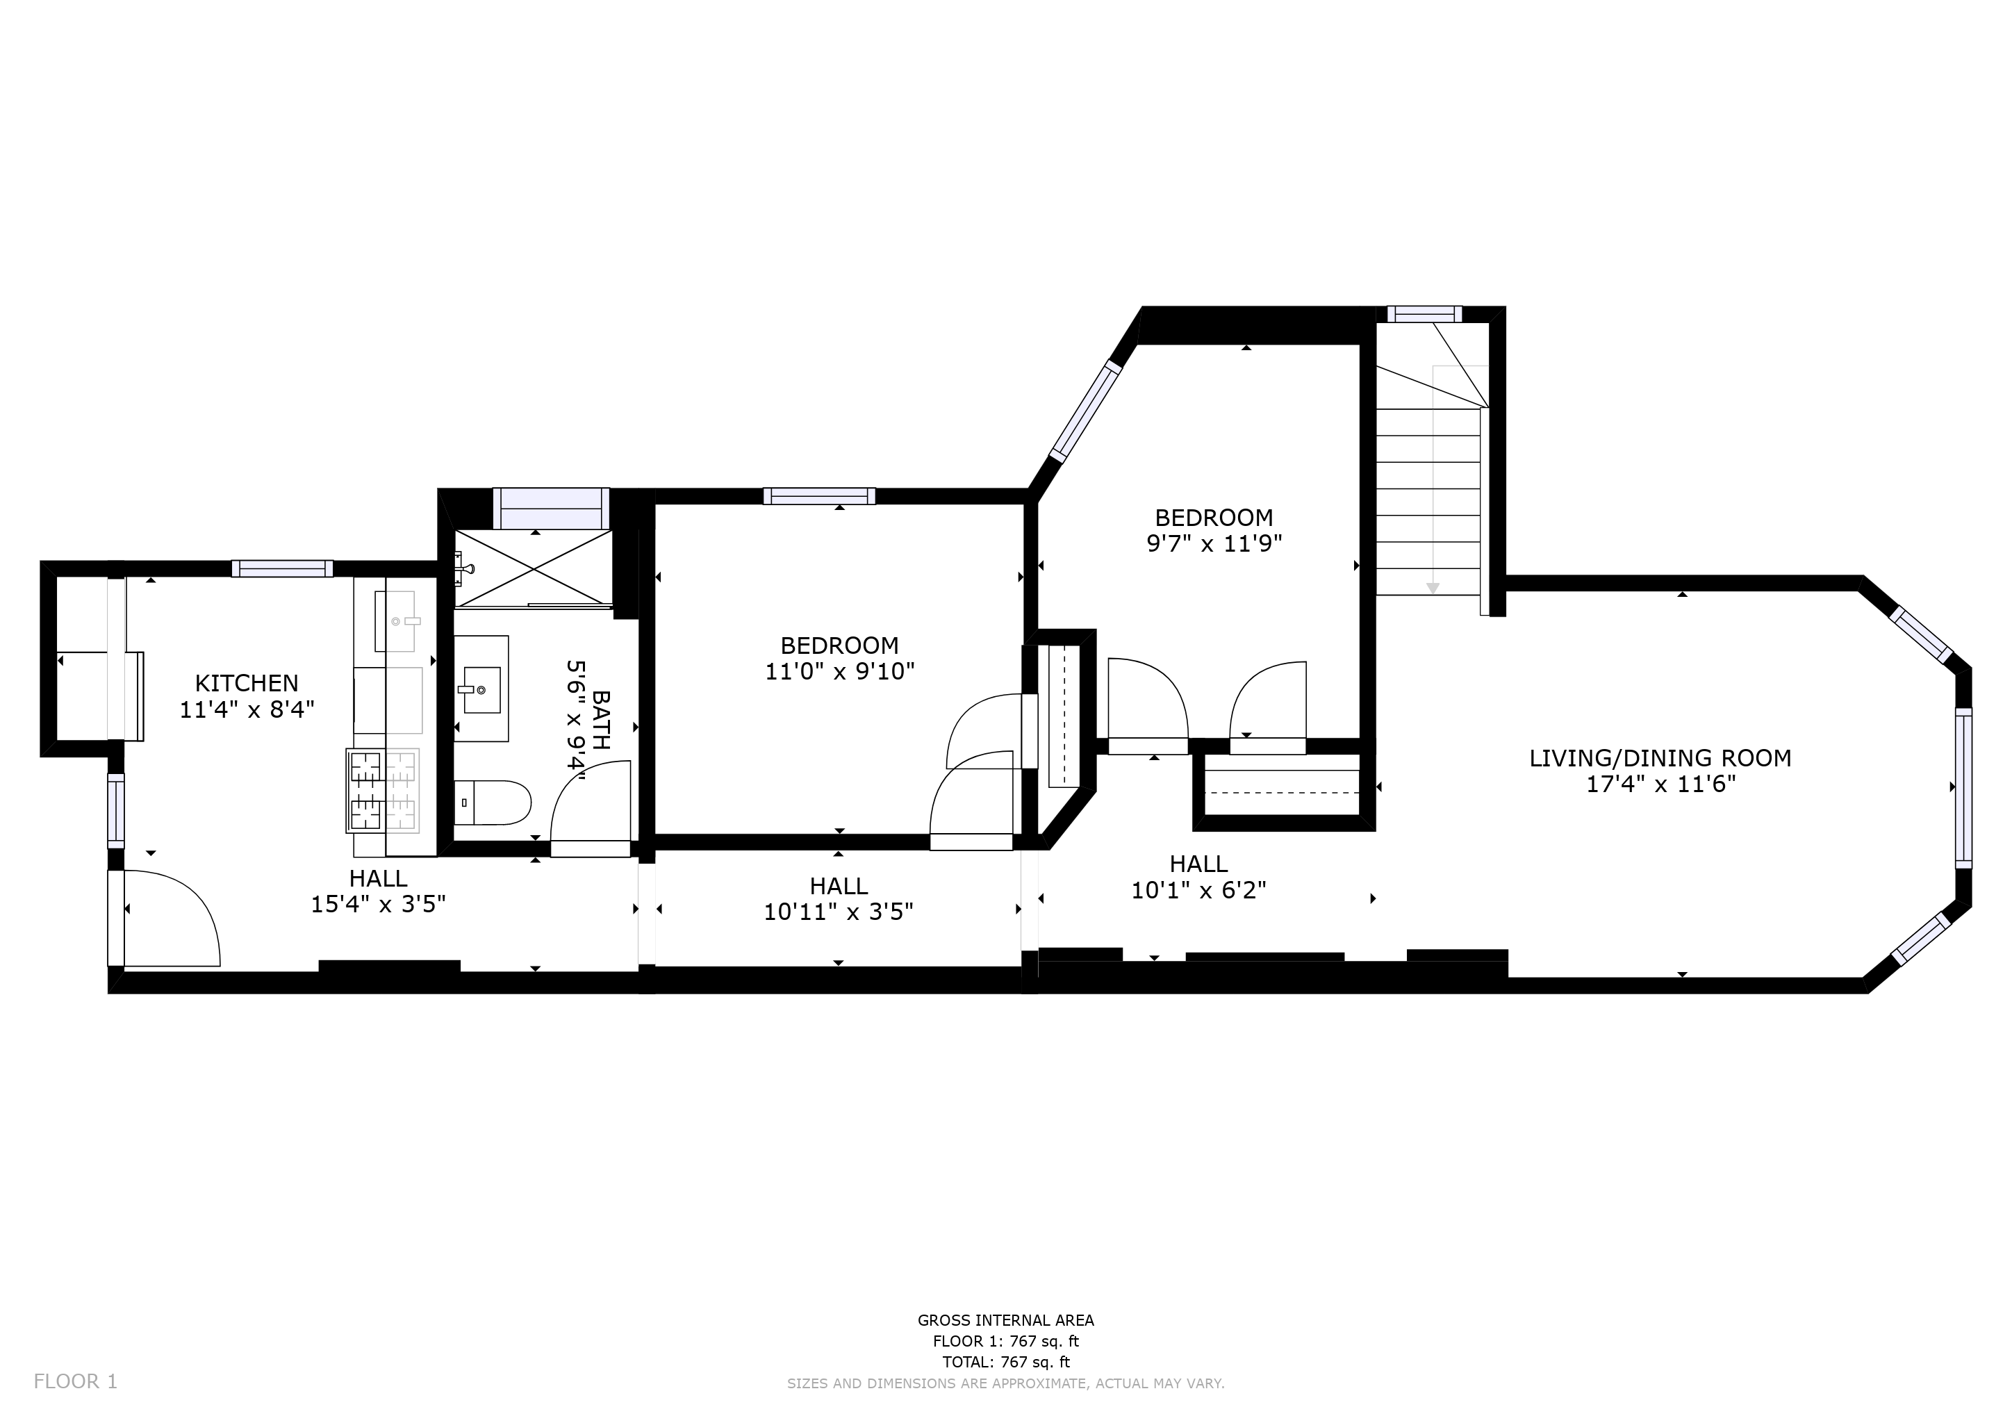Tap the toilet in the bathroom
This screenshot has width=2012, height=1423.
495,803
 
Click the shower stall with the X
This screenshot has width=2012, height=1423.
534,568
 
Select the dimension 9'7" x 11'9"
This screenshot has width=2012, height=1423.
1214,544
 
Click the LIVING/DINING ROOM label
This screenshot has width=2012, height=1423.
1660,758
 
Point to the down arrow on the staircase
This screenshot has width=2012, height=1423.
1433,588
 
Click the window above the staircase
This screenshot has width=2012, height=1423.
1424,313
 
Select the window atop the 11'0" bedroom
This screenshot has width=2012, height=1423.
818,496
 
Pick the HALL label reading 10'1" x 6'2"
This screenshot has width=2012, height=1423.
1198,877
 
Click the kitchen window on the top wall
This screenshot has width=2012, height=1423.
282,568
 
